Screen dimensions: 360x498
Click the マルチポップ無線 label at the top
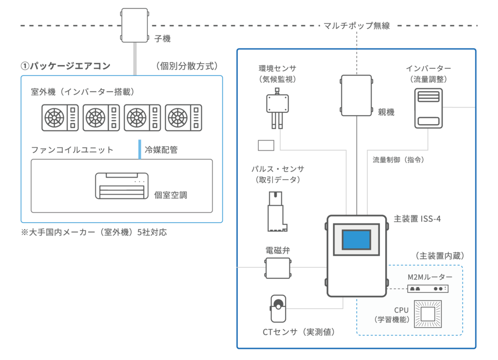(356, 25)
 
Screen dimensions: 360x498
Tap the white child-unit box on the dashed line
(134, 25)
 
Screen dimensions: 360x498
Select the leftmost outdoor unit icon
(59, 117)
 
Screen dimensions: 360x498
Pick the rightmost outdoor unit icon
(183, 117)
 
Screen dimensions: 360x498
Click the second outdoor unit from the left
(101, 117)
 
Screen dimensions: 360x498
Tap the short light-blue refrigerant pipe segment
(140, 149)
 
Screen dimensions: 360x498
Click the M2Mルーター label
(430, 277)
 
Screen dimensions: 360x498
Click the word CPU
(401, 310)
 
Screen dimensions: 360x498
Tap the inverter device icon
(428, 108)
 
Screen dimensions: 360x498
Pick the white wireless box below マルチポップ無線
(356, 95)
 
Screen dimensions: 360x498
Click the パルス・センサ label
(278, 169)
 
